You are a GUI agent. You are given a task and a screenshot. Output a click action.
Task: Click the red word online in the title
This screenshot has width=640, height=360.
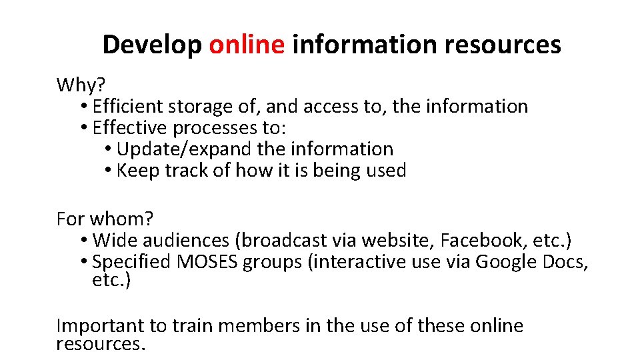tap(247, 45)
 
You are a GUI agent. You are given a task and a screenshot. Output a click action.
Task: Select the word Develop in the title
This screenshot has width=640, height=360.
tap(152, 45)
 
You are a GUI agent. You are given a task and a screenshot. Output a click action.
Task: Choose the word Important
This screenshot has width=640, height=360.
tap(100, 325)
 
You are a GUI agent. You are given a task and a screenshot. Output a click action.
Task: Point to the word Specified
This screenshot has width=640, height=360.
tap(132, 261)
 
